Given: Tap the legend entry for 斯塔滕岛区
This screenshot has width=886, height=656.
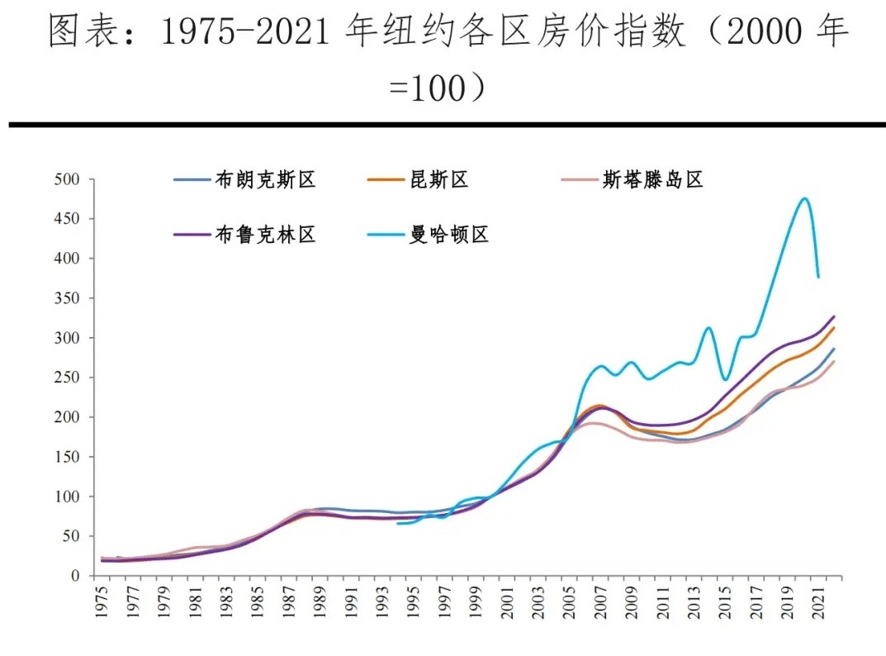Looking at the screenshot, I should point(652,179).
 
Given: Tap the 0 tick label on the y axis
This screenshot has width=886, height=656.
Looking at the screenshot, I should point(73,576).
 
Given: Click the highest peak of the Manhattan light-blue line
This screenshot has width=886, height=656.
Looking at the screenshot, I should point(803,198).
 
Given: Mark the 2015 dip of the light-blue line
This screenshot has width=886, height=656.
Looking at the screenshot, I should point(726,380).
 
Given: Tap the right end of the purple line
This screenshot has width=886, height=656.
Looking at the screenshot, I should point(834,316).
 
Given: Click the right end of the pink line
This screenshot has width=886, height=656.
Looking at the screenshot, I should point(834,361).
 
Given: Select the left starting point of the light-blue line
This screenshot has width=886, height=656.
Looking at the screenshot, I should point(398,523).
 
